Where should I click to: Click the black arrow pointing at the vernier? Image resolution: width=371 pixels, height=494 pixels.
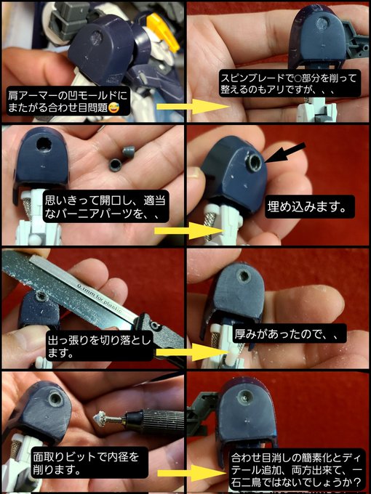(285, 153)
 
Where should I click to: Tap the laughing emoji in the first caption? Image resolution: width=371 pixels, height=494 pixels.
(113, 108)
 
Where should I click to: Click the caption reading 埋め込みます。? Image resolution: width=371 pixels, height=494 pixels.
(309, 206)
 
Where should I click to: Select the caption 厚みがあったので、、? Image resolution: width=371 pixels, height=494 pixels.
(290, 334)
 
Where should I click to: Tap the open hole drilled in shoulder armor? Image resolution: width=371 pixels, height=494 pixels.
(44, 145)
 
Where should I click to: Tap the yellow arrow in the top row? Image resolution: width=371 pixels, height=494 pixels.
(193, 106)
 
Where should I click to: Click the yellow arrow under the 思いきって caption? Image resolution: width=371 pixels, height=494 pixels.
(189, 230)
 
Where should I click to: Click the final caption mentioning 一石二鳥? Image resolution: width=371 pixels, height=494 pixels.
(297, 470)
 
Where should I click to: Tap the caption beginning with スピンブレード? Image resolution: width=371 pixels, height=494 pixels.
(290, 84)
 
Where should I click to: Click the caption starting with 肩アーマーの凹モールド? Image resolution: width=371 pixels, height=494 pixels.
(68, 101)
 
